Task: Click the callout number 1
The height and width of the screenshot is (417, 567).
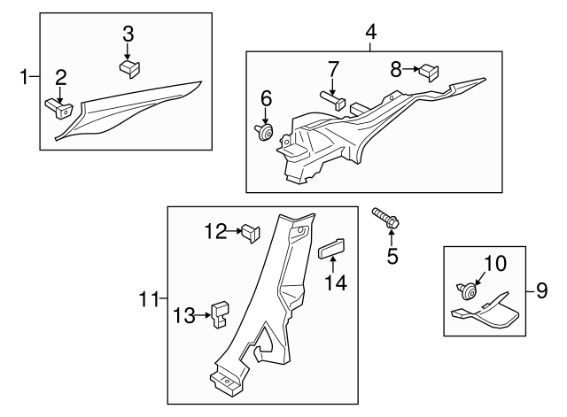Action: (24, 79)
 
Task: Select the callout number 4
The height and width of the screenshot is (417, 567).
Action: (370, 33)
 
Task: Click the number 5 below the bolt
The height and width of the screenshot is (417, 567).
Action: (392, 258)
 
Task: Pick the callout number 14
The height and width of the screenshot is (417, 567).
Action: (335, 283)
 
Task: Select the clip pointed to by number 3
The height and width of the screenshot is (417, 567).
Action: (129, 66)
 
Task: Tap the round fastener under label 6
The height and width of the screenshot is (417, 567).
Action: (262, 132)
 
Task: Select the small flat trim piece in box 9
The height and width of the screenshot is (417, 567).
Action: (487, 311)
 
